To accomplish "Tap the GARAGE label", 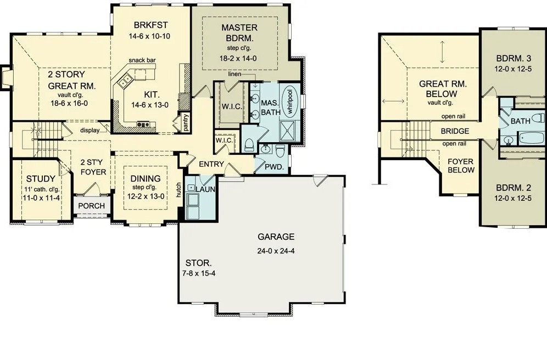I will (x=276, y=237).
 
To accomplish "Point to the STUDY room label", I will (x=40, y=178).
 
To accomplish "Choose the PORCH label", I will (x=91, y=206).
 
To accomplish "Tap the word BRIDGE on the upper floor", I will (x=455, y=132).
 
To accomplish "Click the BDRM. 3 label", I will (x=513, y=58).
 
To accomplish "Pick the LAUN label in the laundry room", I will (x=205, y=189).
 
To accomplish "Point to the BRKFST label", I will (x=149, y=25).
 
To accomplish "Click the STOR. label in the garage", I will (x=196, y=262).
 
